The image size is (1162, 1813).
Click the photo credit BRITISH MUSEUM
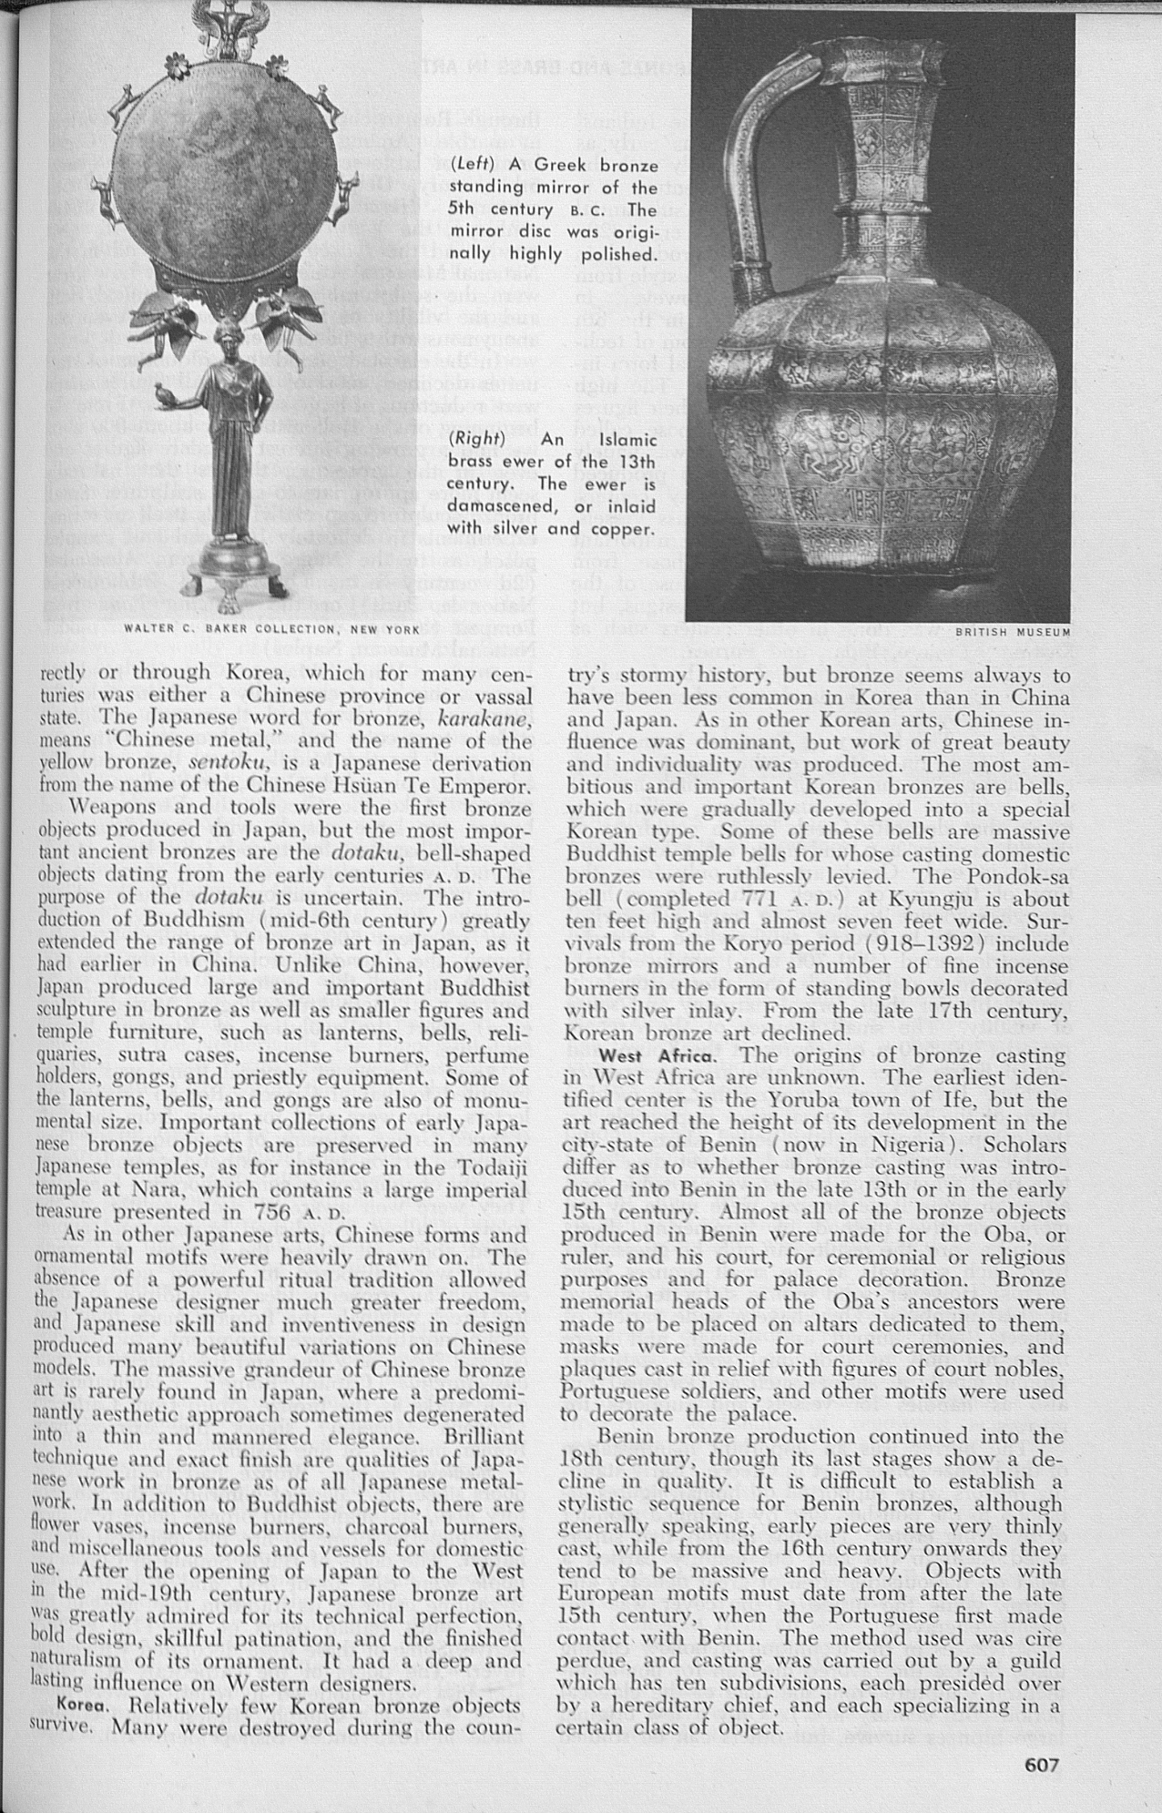1012,630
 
